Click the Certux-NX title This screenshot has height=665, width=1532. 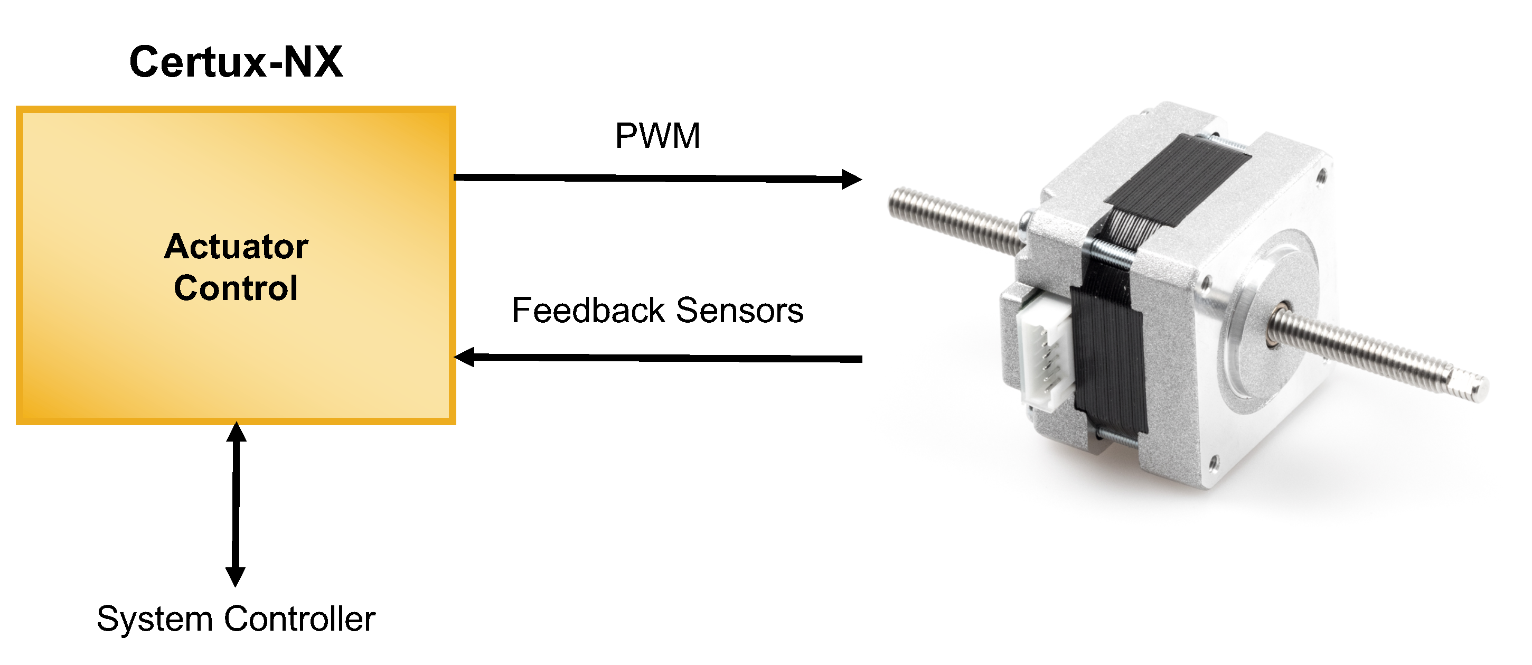[x=236, y=62]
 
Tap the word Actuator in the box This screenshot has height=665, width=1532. [x=236, y=246]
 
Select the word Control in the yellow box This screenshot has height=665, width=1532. [x=236, y=288]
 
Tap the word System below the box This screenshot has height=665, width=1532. [x=155, y=619]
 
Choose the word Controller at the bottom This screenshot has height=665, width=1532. [x=300, y=619]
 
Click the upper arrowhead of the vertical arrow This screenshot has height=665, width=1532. [x=236, y=432]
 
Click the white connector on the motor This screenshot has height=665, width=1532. [x=1044, y=357]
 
